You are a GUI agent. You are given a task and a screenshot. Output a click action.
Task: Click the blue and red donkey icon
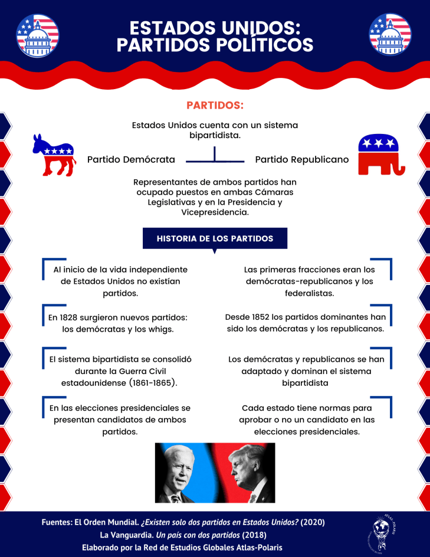54,155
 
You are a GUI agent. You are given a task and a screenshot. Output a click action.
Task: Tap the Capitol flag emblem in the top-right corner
390,34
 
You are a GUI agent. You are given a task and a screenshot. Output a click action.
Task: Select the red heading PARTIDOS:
215,106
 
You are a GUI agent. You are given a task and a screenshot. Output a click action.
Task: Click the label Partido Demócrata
131,159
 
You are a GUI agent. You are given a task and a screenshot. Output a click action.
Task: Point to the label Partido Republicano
301,159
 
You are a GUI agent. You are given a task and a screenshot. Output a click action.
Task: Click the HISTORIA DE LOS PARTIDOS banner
215,238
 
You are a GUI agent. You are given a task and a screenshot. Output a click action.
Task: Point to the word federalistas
309,293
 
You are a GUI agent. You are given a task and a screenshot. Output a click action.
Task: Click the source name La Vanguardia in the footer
126,535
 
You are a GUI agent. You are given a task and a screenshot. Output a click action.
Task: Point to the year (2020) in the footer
313,522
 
